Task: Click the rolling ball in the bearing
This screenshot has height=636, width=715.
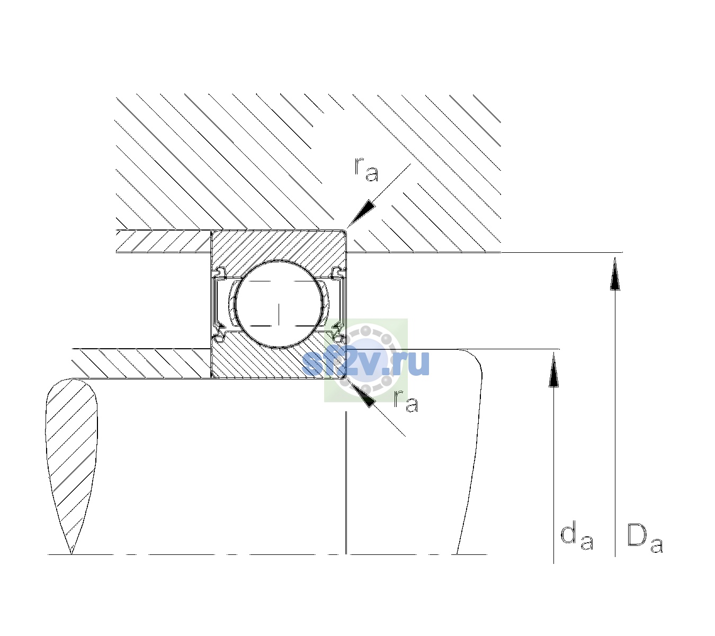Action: click(279, 304)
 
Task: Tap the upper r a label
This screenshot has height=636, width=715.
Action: click(367, 170)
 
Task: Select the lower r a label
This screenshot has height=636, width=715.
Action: click(406, 401)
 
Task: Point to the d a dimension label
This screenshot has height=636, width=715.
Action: click(577, 537)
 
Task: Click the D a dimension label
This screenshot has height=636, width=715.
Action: click(645, 538)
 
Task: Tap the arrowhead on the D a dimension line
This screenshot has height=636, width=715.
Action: click(615, 273)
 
